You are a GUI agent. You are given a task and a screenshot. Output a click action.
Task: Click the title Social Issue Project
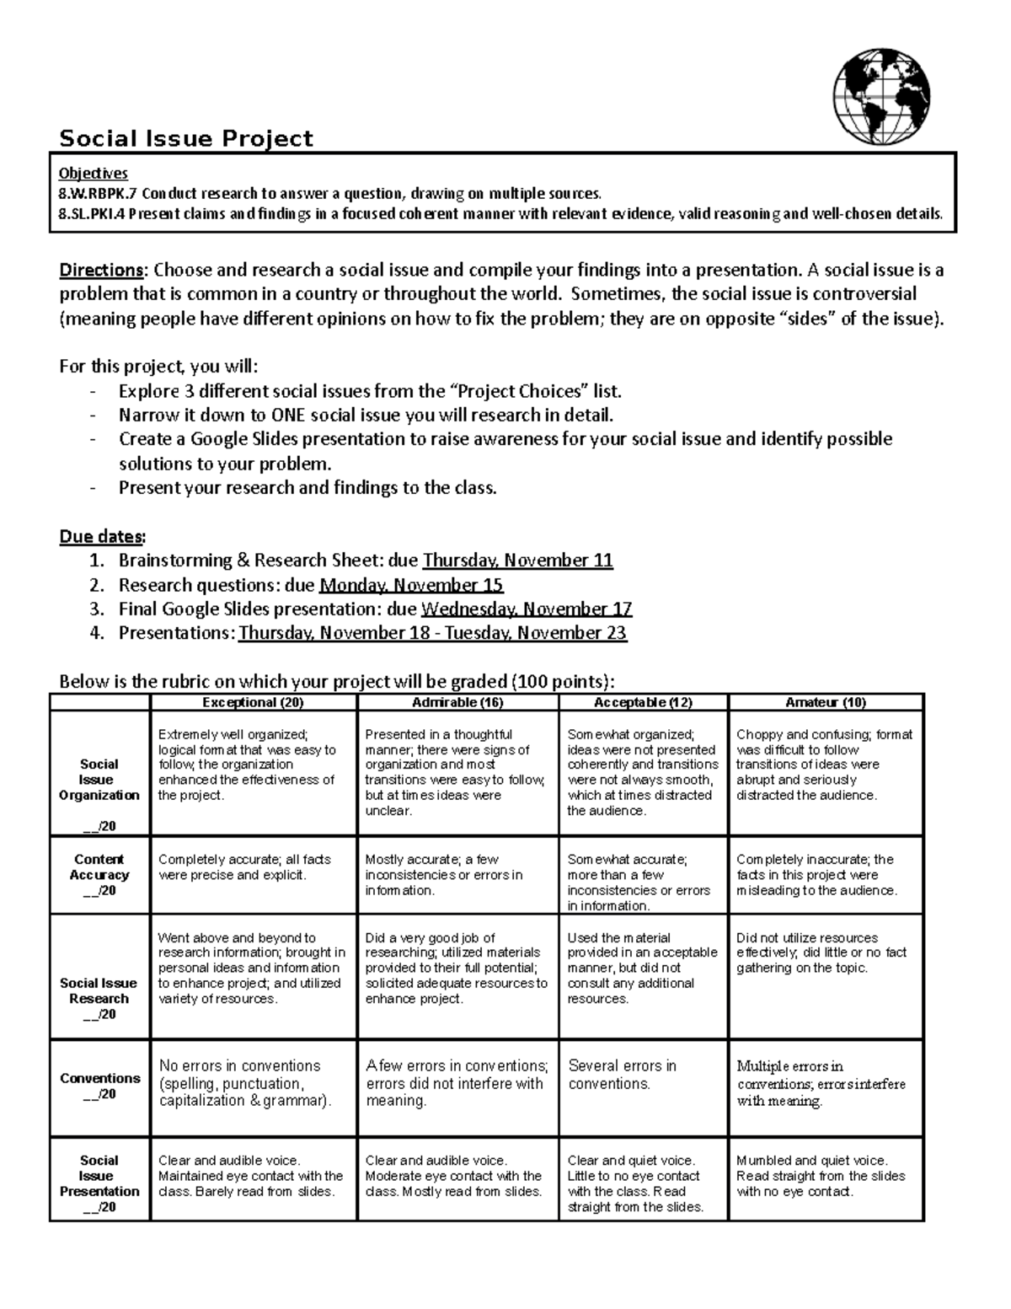(x=185, y=139)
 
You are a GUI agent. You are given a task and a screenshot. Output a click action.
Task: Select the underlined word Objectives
(x=93, y=173)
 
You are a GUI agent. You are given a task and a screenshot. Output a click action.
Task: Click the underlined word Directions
(x=101, y=271)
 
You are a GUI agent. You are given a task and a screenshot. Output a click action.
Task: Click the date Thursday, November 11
(x=517, y=561)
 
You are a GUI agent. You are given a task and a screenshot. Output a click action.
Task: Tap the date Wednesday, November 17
(x=526, y=609)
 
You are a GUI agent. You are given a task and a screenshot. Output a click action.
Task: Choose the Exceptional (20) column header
(x=253, y=702)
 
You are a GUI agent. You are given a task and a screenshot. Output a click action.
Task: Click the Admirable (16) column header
(x=457, y=702)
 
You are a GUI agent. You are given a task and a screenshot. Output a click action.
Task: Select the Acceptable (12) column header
(x=643, y=702)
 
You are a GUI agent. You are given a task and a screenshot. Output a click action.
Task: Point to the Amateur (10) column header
(x=826, y=702)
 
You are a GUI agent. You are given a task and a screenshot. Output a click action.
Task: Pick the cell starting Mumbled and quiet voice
(x=820, y=1176)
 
